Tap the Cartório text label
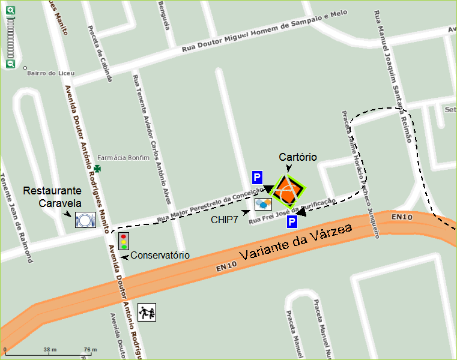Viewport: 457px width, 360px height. (298, 157)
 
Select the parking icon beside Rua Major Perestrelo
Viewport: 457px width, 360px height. (257, 178)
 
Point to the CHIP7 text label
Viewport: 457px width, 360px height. (223, 220)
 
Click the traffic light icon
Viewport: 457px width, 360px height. (124, 241)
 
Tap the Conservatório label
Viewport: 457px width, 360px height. (160, 256)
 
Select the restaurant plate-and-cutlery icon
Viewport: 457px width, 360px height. (85, 220)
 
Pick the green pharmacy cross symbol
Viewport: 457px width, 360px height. (97, 169)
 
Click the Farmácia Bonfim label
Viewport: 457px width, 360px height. (127, 158)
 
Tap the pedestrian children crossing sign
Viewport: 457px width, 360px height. (147, 311)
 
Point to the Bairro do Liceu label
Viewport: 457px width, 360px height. (50, 73)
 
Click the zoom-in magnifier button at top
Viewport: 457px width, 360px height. (10, 10)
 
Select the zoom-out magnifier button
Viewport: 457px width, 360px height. (10, 64)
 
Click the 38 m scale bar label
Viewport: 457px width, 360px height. (50, 349)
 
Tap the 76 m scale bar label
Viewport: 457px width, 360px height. (90, 349)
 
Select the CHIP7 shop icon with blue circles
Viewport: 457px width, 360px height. (263, 205)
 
